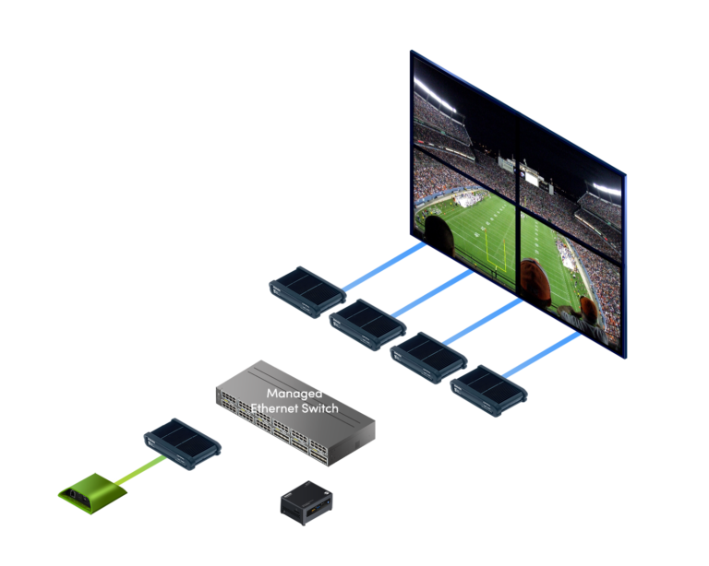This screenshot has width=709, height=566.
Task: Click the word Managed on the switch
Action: (x=294, y=394)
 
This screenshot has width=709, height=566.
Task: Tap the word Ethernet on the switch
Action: (x=274, y=408)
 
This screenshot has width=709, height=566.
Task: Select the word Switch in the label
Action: (x=319, y=408)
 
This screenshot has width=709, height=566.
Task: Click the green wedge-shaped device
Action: (x=92, y=493)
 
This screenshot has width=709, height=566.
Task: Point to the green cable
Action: (x=139, y=471)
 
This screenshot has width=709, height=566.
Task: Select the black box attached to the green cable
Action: (x=182, y=443)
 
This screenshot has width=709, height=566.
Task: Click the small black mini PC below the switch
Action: (x=306, y=502)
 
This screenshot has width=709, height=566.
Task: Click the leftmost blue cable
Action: (x=383, y=266)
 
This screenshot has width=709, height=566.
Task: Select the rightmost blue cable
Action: (x=541, y=355)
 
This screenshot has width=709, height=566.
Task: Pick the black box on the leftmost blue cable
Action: (x=307, y=292)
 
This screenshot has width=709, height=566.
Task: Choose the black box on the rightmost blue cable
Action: (x=488, y=391)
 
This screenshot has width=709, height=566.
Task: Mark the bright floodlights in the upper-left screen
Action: (x=434, y=95)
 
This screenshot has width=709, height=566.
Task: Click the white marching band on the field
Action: (x=470, y=199)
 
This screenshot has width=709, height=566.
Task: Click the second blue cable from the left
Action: (x=432, y=293)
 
